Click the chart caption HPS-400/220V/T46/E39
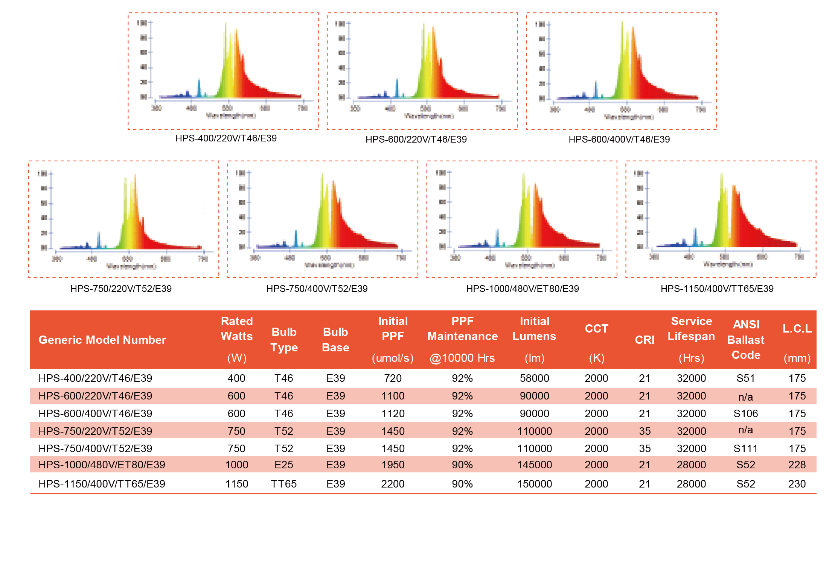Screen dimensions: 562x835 click(226, 138)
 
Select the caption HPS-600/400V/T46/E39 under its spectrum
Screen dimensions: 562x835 click(619, 139)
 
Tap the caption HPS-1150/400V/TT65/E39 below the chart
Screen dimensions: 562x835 click(717, 289)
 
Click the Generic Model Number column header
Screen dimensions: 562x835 click(102, 340)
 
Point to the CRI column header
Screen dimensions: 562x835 click(645, 340)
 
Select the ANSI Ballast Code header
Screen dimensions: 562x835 click(746, 340)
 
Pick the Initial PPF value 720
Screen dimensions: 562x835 click(393, 378)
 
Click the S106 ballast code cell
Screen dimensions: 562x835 click(745, 413)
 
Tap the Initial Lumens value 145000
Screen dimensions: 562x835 click(534, 465)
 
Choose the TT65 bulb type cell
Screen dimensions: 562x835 click(283, 484)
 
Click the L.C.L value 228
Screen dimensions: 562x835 click(797, 465)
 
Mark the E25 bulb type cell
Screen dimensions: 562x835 click(283, 465)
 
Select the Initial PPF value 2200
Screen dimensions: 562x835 click(393, 484)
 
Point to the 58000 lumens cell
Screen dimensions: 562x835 click(534, 378)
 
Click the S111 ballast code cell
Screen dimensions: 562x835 click(745, 448)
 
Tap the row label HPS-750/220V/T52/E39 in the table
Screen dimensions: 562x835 click(95, 431)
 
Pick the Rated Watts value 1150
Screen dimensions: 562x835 click(236, 484)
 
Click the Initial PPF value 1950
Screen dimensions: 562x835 click(393, 465)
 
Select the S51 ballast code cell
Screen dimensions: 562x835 click(745, 378)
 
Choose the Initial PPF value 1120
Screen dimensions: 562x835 click(393, 413)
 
